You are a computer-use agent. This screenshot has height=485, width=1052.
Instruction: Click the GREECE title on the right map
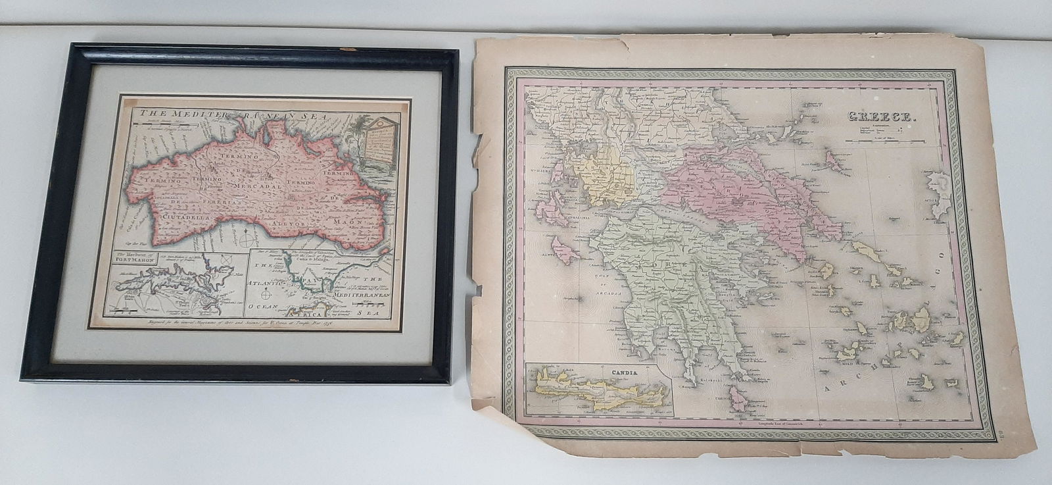click(x=877, y=117)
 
